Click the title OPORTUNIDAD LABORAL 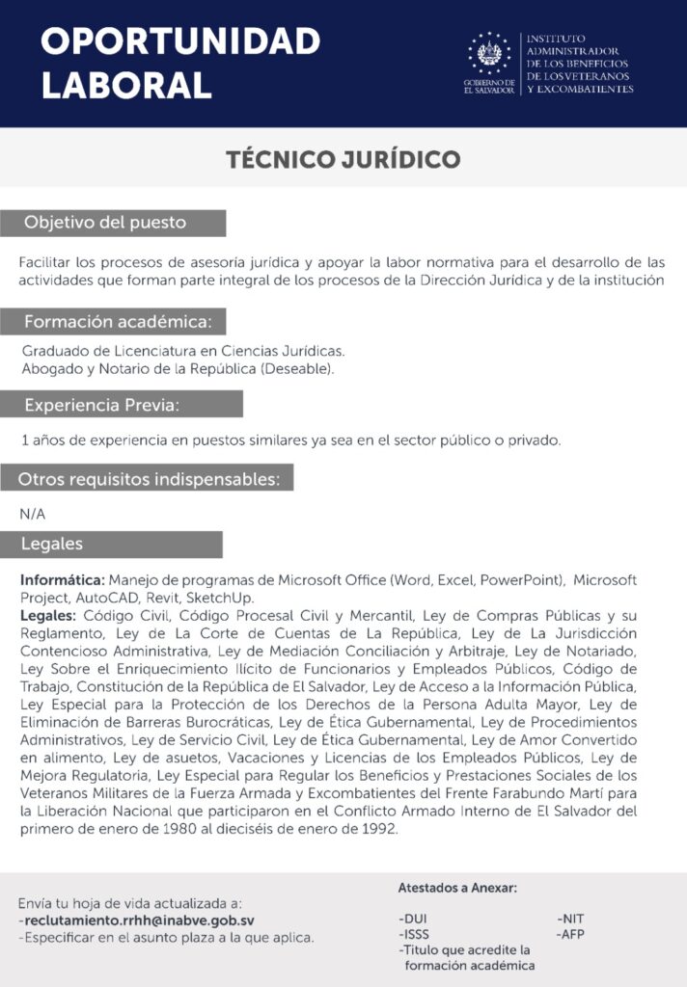(180, 63)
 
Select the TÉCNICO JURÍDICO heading (343, 159)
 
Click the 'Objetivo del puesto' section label (106, 223)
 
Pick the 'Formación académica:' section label (124, 321)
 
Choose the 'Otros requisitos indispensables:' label (150, 478)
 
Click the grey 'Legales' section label (52, 544)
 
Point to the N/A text (32, 514)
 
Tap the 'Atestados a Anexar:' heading (457, 888)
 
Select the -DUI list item (412, 919)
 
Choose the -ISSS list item (414, 934)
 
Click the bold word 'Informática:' (62, 580)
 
